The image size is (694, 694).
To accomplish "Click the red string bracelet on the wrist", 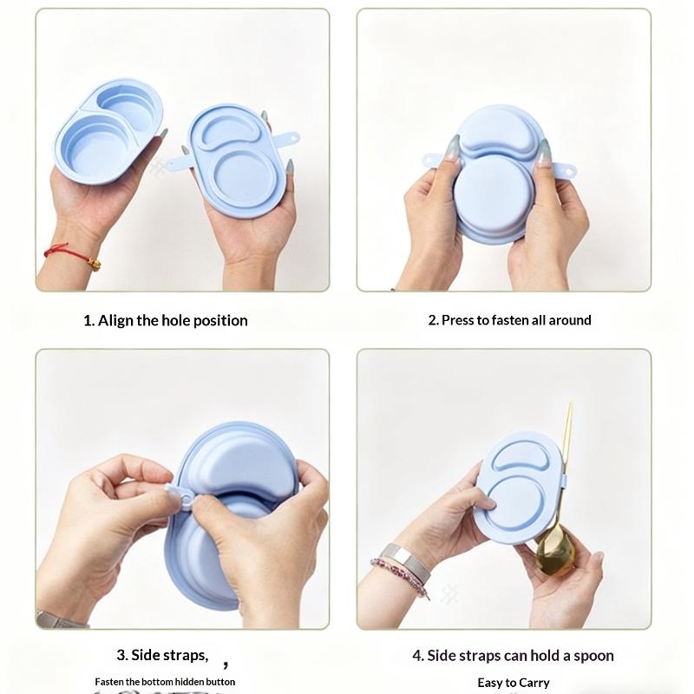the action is coord(71,253).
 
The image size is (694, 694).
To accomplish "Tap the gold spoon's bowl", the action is coord(555,551).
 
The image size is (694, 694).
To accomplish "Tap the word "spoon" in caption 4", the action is coord(593,656).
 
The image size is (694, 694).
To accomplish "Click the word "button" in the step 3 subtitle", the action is coord(220,682).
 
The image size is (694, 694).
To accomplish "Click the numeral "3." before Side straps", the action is coord(122,655).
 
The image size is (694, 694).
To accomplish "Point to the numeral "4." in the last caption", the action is coord(418,656).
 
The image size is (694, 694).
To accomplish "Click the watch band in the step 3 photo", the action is coord(61,619).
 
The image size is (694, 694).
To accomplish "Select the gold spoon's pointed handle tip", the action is coord(572,403).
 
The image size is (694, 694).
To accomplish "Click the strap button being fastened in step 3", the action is coord(186,501).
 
